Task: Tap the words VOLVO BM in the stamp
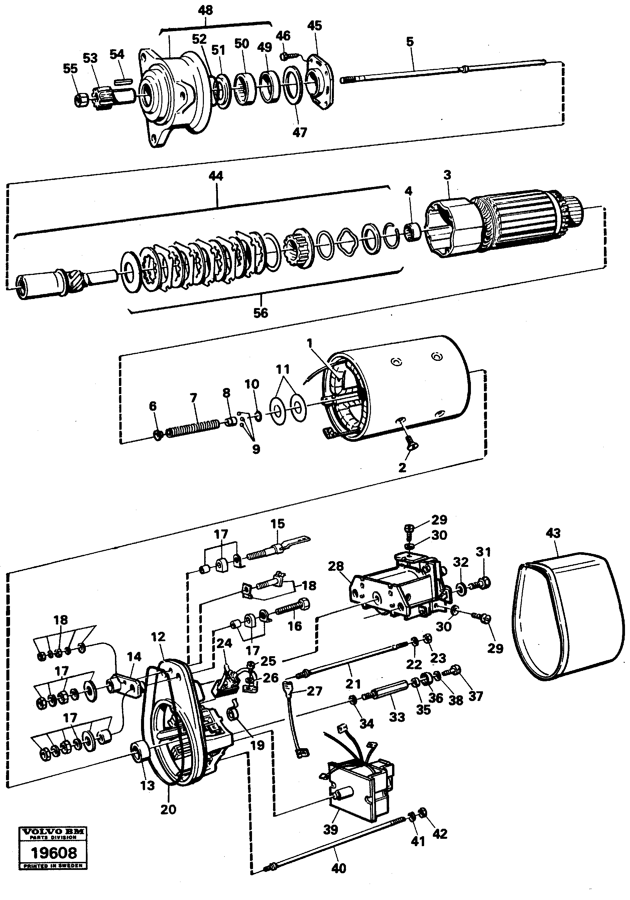(x=54, y=832)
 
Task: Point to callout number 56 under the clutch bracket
(x=261, y=313)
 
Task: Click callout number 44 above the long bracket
(x=216, y=176)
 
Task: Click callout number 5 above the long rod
(x=410, y=41)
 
